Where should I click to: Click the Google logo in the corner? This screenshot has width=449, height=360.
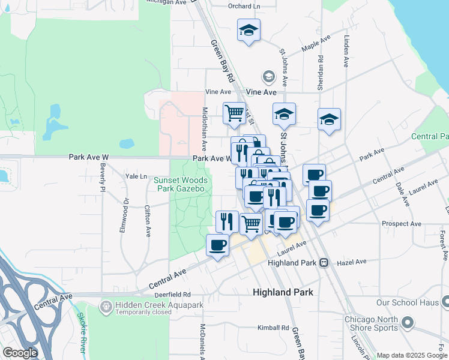click(x=20, y=353)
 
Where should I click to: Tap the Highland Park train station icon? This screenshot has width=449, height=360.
click(x=324, y=262)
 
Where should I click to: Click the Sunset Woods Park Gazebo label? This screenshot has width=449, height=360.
click(x=181, y=184)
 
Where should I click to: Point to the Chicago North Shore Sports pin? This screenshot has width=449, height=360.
click(x=408, y=323)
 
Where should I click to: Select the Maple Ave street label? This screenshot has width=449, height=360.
click(x=317, y=43)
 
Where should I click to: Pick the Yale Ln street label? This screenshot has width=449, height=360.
click(x=136, y=176)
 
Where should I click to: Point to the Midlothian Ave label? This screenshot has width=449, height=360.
click(x=205, y=129)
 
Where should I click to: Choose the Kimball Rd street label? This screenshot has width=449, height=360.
click(x=273, y=328)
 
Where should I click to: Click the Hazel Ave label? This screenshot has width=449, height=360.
click(x=352, y=262)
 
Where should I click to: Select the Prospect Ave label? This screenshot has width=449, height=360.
click(x=402, y=224)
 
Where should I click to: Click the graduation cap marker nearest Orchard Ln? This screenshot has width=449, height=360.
click(x=248, y=30)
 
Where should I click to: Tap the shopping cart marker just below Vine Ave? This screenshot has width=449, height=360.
click(x=234, y=112)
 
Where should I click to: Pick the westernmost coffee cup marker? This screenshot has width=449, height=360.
click(x=217, y=244)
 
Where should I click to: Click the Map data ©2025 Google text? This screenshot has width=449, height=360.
click(x=411, y=355)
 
